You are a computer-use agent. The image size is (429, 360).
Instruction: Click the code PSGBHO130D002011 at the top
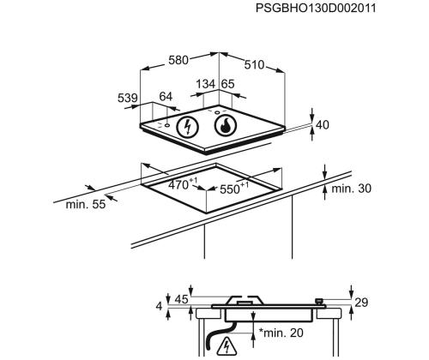coord(316,8)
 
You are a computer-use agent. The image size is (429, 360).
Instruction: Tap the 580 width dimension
coord(178,60)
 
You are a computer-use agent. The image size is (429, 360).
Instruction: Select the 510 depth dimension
coord(254,65)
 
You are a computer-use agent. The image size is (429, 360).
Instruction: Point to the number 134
coord(206,84)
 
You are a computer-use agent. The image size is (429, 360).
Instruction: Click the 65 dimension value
coord(228,84)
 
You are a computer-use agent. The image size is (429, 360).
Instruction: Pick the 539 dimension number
coord(128,98)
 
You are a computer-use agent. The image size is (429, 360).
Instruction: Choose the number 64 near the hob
coord(166,97)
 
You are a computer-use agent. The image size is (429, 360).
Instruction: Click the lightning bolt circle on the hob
coord(188,127)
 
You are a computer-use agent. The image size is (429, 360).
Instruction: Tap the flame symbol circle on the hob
coord(226,125)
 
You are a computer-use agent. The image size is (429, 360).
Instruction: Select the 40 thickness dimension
coord(323,125)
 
